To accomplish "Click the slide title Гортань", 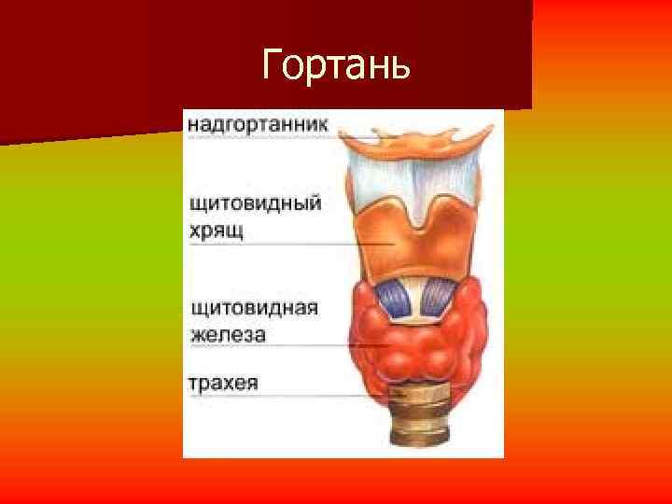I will tap(336, 64).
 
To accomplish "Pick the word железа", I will tap(229, 333).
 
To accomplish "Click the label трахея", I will tap(223, 383).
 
